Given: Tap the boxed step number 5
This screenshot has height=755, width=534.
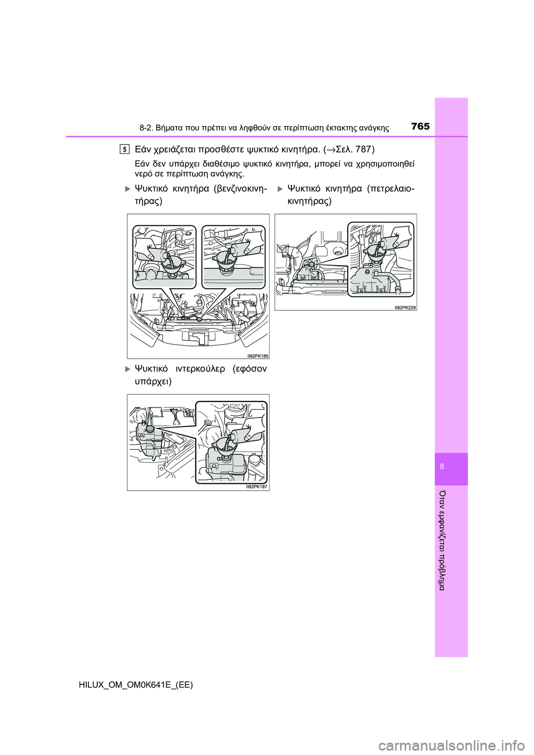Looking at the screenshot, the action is (x=125, y=148).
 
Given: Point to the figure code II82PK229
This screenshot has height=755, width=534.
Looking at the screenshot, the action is (x=405, y=307).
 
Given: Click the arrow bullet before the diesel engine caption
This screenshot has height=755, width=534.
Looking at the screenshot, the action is (x=279, y=190).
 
